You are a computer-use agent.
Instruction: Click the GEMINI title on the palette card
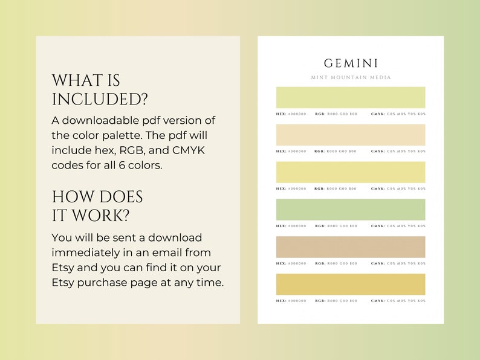click(351, 63)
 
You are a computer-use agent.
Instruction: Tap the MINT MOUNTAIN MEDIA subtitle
click(351, 77)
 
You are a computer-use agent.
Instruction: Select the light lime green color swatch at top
click(351, 97)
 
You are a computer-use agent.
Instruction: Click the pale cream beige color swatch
click(351, 135)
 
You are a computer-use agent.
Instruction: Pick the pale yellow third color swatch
click(351, 172)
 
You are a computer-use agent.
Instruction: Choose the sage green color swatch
click(351, 210)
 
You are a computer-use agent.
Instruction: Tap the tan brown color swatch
click(351, 247)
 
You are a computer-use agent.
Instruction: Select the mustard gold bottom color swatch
click(351, 284)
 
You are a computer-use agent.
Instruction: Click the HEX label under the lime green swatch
click(281, 114)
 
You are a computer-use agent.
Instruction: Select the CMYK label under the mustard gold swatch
click(378, 301)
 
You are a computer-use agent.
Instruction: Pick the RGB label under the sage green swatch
click(320, 226)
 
